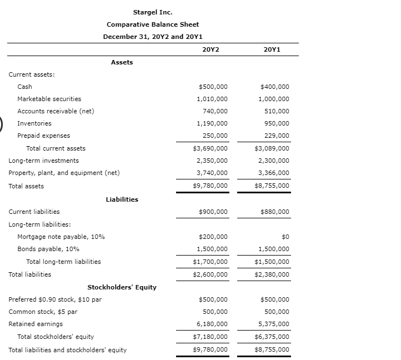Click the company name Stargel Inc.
point(152,12)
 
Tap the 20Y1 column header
point(273,49)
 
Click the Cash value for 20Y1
point(274,87)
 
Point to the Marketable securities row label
point(49,99)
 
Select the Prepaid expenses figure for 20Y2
point(215,136)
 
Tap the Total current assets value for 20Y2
point(210,148)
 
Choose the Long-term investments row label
point(43,161)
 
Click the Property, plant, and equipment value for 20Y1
point(274,173)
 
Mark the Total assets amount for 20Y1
point(272,186)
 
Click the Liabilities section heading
point(122,199)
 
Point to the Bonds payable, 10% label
point(48,249)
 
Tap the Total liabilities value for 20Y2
point(210,274)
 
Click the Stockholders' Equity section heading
point(122,287)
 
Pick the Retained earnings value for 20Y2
point(212,324)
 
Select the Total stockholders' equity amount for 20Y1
point(272,337)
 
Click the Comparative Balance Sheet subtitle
point(152,24)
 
